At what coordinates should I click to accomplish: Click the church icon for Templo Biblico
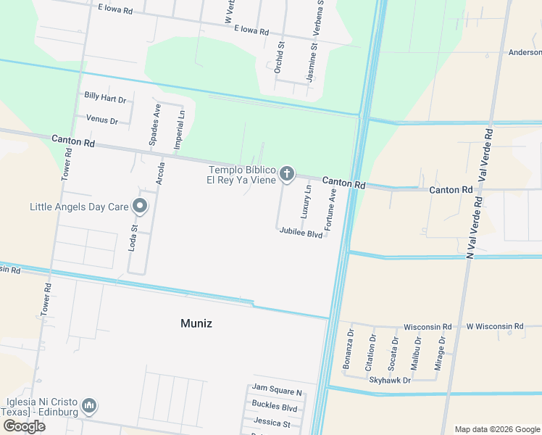click(x=287, y=173)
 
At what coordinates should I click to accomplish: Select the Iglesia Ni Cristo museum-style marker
click(x=89, y=405)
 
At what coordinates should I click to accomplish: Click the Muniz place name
click(x=196, y=323)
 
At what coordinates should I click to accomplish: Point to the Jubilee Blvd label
click(x=301, y=234)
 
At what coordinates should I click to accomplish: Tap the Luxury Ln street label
click(x=307, y=202)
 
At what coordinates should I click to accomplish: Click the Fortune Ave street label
click(x=332, y=210)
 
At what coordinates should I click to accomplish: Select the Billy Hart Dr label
click(x=105, y=96)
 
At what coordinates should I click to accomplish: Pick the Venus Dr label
click(x=101, y=120)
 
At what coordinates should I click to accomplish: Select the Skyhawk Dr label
click(x=390, y=380)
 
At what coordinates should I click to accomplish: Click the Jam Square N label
click(x=277, y=391)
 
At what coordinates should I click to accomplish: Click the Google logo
click(x=24, y=426)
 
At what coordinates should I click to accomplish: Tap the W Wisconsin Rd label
click(x=494, y=327)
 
